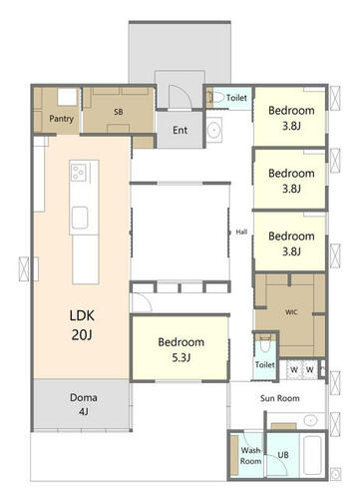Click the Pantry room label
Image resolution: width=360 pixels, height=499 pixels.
pyautogui.click(x=61, y=119)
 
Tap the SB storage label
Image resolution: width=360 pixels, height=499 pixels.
pyautogui.click(x=119, y=112)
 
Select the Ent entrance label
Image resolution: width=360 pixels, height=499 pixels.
pyautogui.click(x=180, y=130)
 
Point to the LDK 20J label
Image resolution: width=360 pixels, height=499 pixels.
pyautogui.click(x=82, y=325)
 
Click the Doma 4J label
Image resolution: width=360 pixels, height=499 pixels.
pyautogui.click(x=84, y=404)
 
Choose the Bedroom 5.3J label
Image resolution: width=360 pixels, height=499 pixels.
pyautogui.click(x=180, y=349)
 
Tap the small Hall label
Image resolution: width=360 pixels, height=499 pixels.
pyautogui.click(x=241, y=232)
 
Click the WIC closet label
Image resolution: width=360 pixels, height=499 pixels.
pyautogui.click(x=291, y=312)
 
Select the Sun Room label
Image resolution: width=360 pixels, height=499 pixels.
pyautogui.click(x=279, y=398)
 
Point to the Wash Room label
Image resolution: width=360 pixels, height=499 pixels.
pyautogui.click(x=250, y=456)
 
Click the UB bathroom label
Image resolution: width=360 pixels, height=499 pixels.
pyautogui.click(x=283, y=455)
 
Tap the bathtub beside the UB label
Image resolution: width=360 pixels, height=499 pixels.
pyautogui.click(x=312, y=455)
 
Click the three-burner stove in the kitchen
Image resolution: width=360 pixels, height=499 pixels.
pyautogui.click(x=79, y=173)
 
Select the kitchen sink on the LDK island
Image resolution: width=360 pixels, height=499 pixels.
pyautogui.click(x=80, y=218)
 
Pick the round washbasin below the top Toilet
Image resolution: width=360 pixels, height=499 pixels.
pyautogui.click(x=214, y=130)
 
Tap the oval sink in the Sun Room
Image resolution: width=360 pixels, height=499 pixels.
pyautogui.click(x=310, y=420)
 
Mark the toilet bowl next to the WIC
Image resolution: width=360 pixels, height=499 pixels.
pyautogui.click(x=264, y=345)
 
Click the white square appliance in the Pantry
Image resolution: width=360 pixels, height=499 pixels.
pyautogui.click(x=67, y=97)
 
